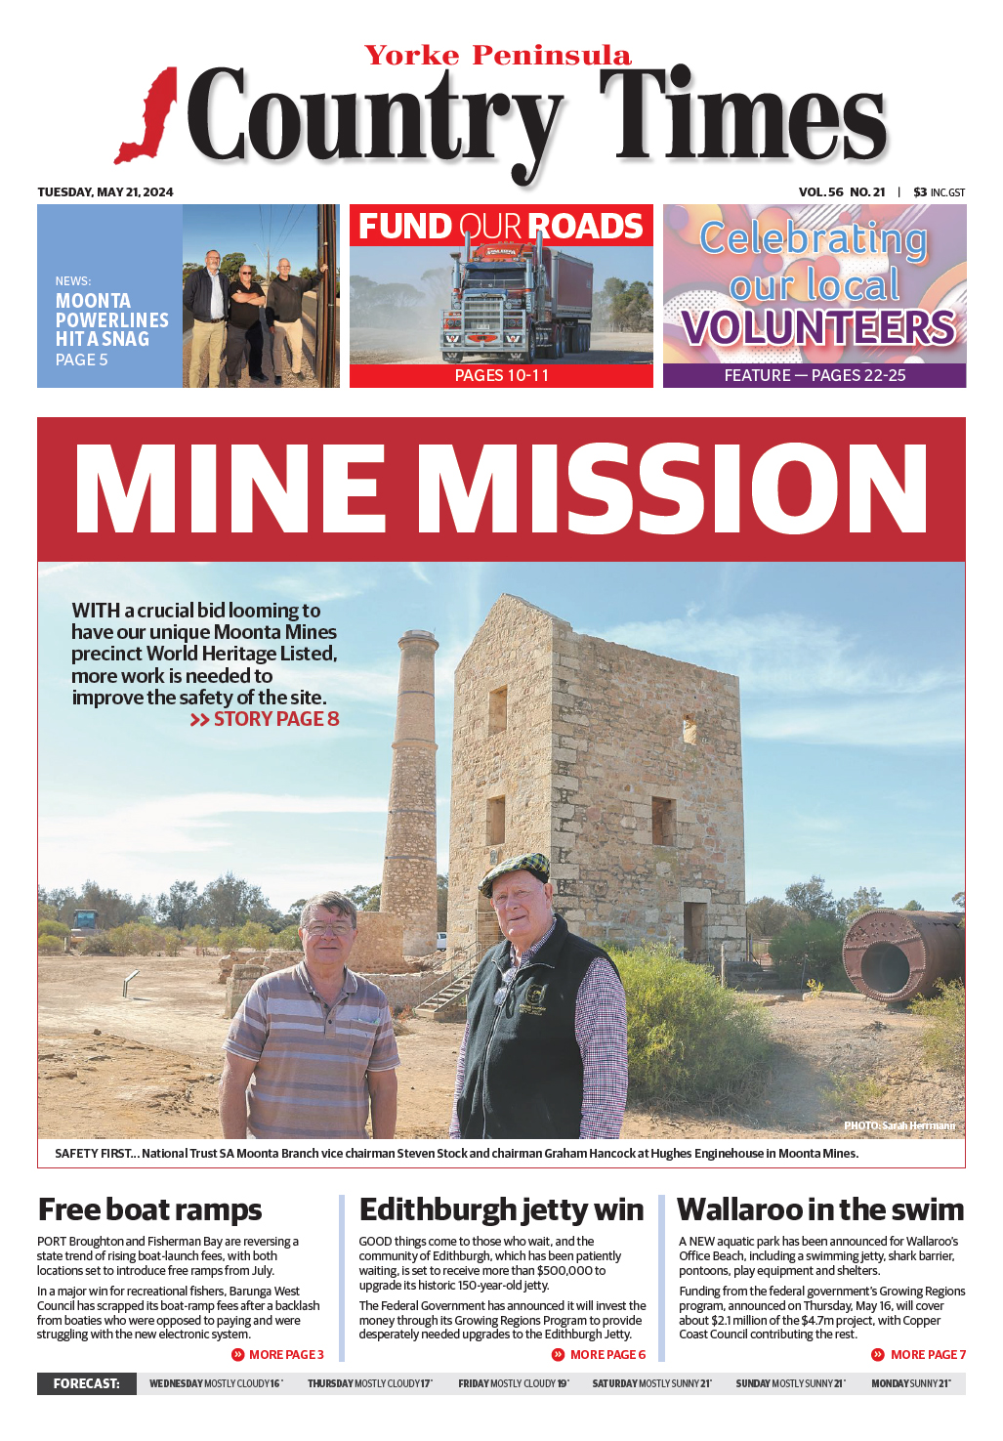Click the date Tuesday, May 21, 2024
[105, 192]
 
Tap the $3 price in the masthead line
[920, 192]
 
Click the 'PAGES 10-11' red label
[501, 376]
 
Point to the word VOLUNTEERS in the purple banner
[818, 328]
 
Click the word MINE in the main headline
[230, 489]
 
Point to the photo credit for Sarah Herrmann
[899, 1125]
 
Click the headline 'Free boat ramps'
[149, 1209]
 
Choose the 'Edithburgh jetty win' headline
[501, 1209]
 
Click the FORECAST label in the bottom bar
[87, 1383]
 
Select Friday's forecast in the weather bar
[514, 1383]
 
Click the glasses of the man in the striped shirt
[330, 928]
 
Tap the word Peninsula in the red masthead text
[552, 56]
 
